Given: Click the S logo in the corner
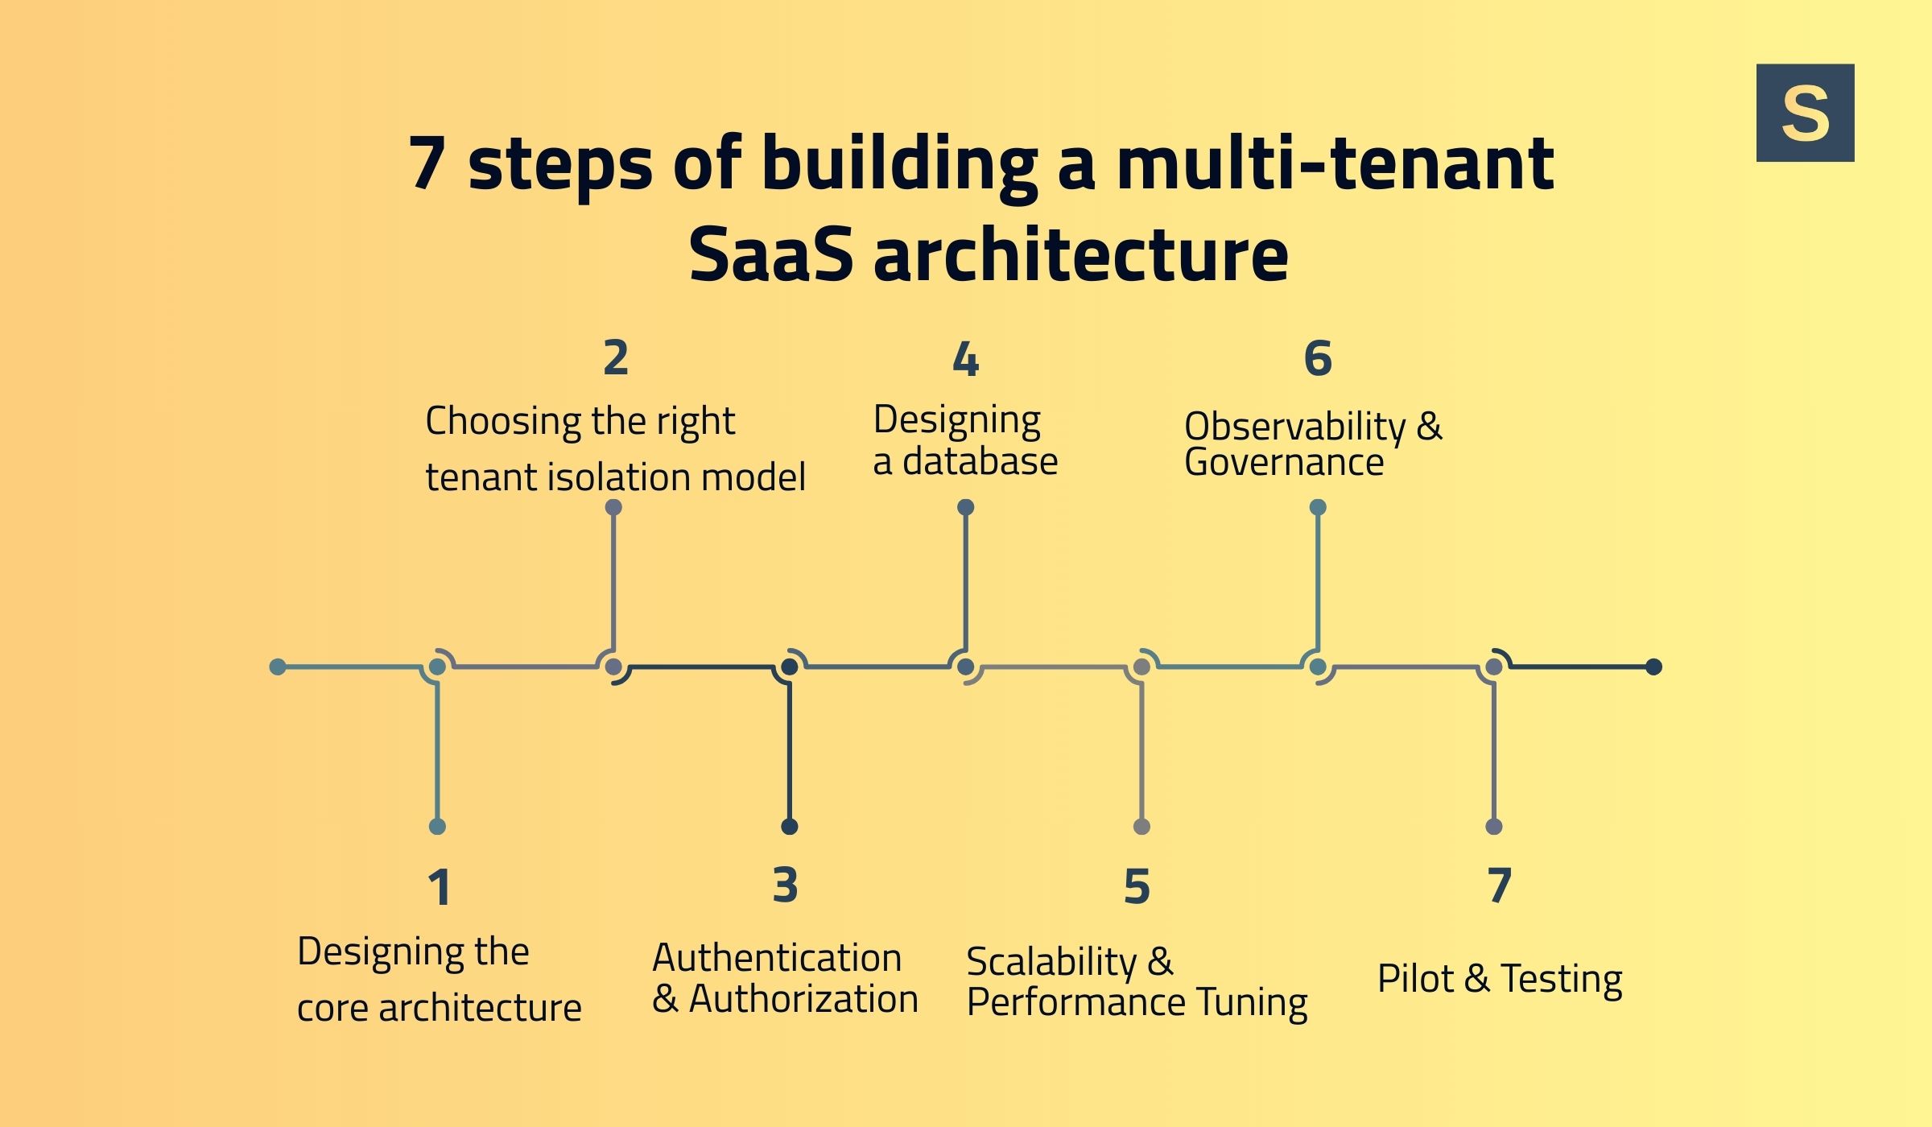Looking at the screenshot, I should [1805, 113].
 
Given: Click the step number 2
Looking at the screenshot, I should [616, 358].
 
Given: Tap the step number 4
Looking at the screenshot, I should [965, 360].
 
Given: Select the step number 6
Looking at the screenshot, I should [1318, 358].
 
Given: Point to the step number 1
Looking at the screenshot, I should [439, 888].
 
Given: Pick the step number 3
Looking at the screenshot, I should [785, 885].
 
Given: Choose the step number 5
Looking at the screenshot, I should [1137, 887].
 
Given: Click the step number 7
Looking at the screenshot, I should [1499, 885].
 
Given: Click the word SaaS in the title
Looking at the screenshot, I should [770, 255].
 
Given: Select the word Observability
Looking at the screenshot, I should [1294, 426].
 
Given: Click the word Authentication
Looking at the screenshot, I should [777, 958].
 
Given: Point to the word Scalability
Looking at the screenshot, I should [1051, 962].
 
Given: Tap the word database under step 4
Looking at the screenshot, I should [980, 462].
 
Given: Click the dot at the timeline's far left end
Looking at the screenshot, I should [278, 667].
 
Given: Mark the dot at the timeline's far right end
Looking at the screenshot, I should [1653, 667].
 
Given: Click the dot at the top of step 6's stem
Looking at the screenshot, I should [1318, 507].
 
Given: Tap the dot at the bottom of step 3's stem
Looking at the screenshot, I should [789, 827].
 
